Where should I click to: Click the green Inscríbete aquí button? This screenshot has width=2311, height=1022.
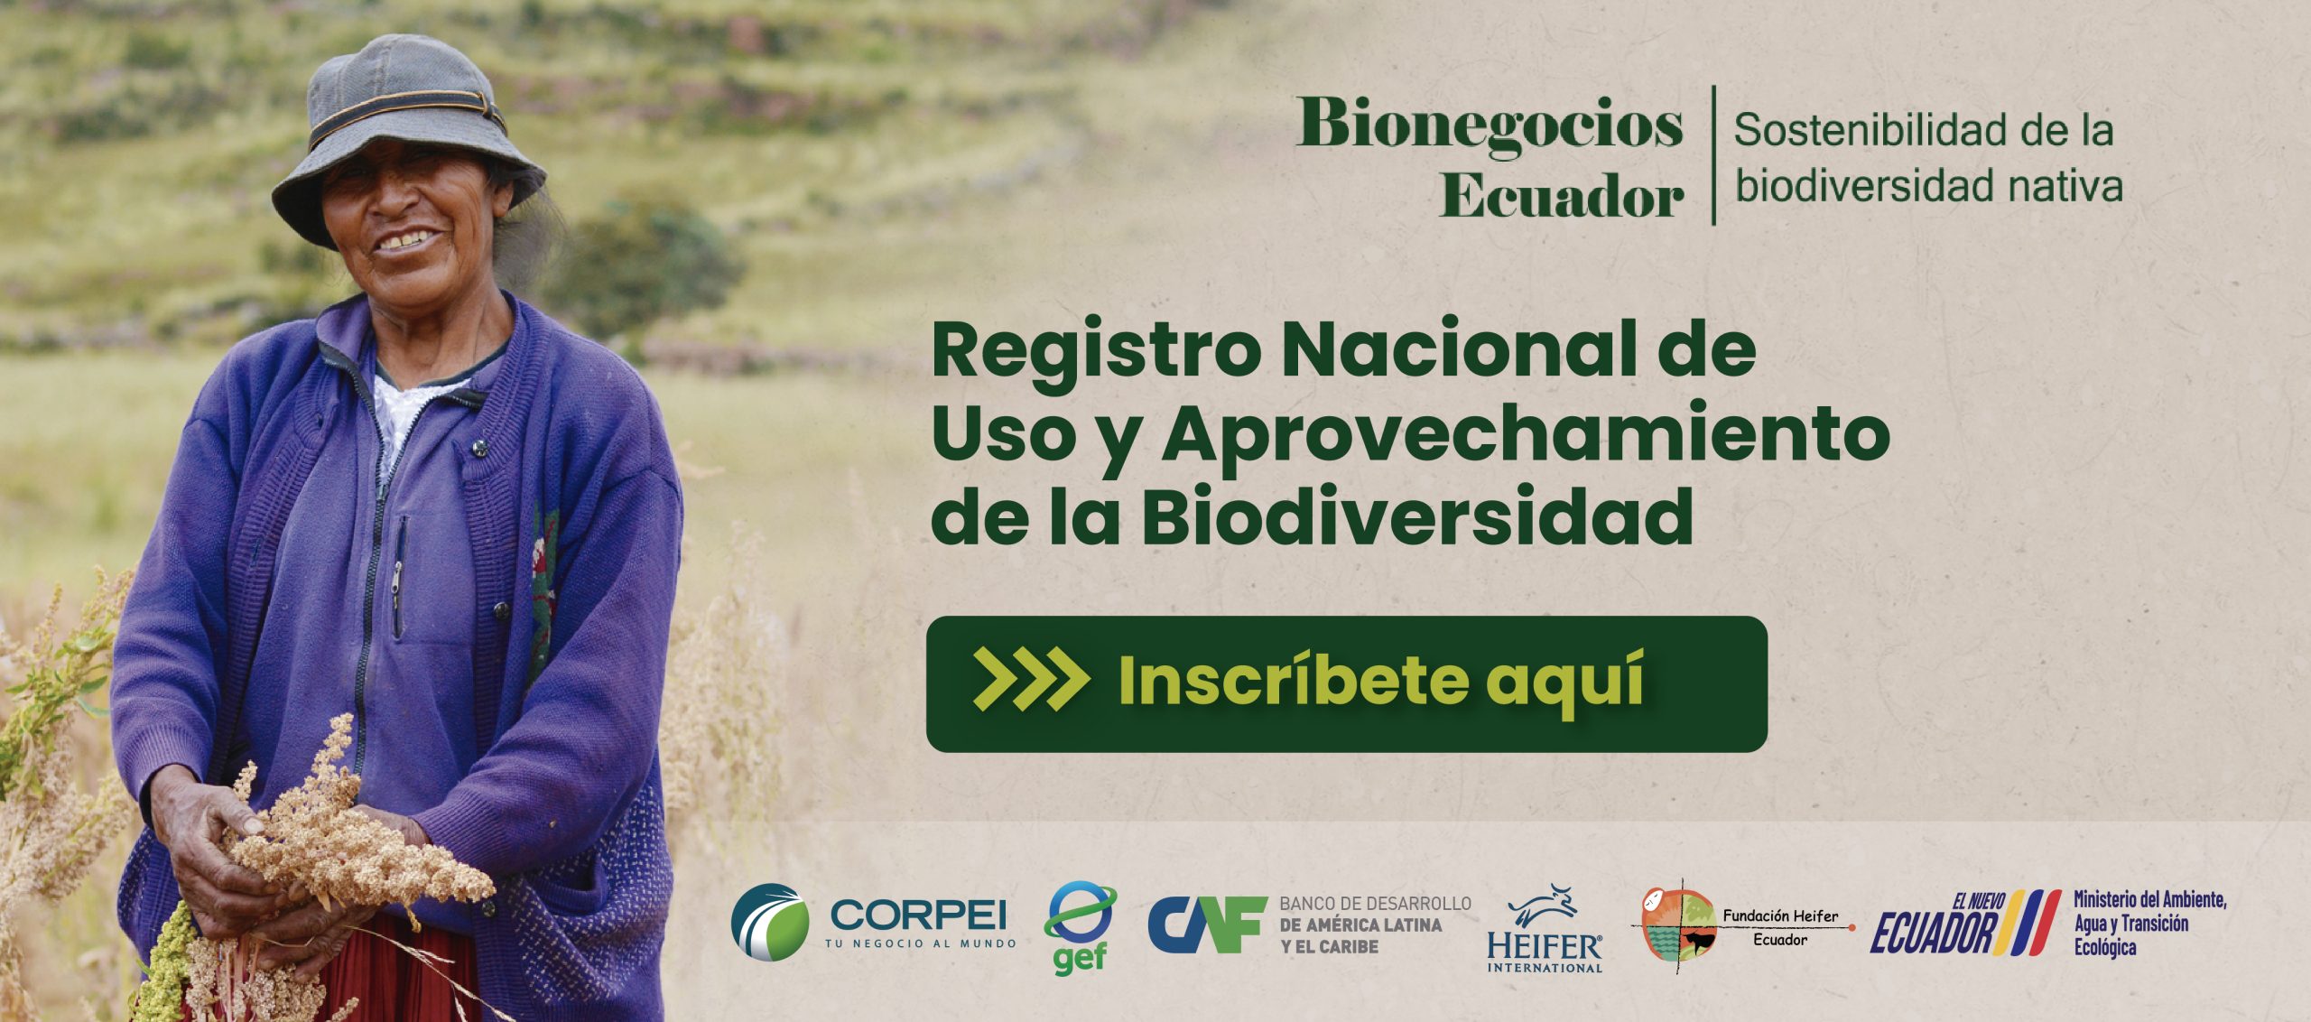tap(1346, 683)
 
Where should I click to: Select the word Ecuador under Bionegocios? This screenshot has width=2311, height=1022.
tap(1562, 195)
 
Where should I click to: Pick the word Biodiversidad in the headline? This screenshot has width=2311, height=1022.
tap(1417, 517)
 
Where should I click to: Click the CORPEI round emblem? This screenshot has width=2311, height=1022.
tap(770, 922)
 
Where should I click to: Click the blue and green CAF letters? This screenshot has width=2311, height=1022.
tap(1207, 924)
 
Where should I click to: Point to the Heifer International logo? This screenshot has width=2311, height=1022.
tap(1545, 928)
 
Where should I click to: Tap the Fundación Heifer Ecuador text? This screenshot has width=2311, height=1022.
tap(1780, 927)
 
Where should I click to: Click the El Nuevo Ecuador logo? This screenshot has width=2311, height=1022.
tap(1964, 924)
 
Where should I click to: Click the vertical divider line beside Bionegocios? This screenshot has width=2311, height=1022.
tap(1713, 155)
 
